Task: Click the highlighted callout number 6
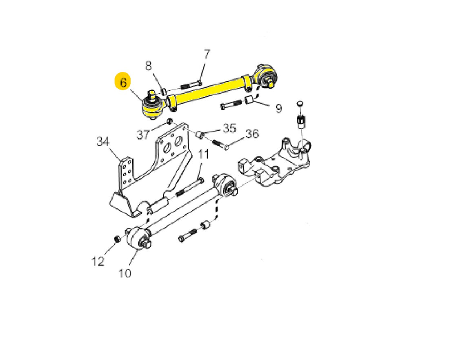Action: [123, 82]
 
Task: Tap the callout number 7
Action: [207, 54]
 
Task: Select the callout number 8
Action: [148, 66]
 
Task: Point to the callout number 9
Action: [279, 108]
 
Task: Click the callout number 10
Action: [125, 273]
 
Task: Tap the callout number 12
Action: [98, 262]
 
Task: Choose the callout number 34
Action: [103, 141]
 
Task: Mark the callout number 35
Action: [229, 128]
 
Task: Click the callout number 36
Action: [252, 134]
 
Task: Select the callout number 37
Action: [143, 134]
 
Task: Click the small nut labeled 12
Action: [117, 239]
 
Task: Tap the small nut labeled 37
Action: [169, 121]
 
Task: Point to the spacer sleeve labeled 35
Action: [200, 134]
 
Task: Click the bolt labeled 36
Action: [220, 144]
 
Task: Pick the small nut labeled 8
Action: [163, 91]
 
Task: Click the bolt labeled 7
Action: [191, 85]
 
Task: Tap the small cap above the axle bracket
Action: [299, 104]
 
